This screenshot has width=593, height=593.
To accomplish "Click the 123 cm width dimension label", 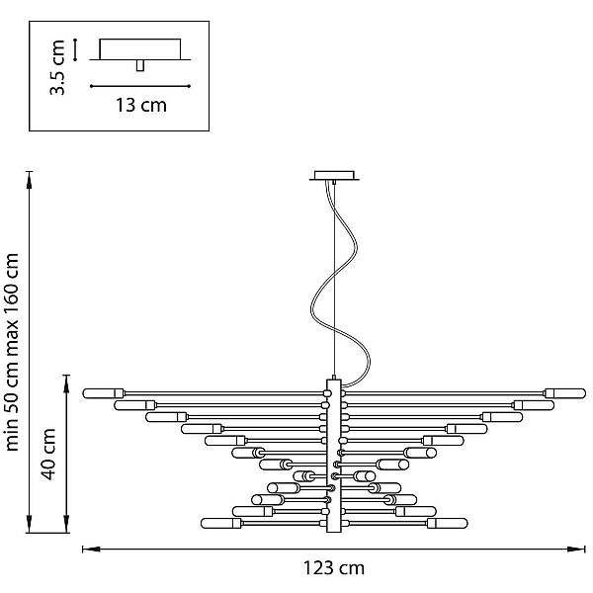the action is [x=334, y=568].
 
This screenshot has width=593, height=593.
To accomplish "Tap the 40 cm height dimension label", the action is [x=48, y=455].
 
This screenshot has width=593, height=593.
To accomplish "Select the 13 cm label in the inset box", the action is [x=141, y=105].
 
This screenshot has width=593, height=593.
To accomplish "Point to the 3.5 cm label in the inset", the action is [x=57, y=67].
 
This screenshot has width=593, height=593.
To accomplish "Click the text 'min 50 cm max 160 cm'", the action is [x=12, y=352].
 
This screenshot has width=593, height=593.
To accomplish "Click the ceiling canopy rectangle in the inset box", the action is [x=140, y=49].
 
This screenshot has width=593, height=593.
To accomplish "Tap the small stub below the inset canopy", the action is [x=140, y=65].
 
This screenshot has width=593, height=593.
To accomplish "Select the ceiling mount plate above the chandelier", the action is [x=334, y=176].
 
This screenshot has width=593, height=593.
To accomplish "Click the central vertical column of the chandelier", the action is [x=334, y=456].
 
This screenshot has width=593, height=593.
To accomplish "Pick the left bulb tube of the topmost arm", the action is [x=103, y=393].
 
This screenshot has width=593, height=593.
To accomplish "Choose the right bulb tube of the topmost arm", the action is [x=565, y=393].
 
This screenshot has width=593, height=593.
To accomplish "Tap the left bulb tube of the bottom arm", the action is [x=221, y=524].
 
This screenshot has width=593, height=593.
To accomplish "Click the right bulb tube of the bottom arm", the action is [x=448, y=524].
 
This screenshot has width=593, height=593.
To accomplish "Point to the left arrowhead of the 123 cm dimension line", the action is [x=91, y=549].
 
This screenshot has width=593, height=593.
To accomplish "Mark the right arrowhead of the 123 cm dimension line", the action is [x=576, y=549].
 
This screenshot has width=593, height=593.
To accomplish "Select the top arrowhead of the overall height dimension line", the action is [x=29, y=180].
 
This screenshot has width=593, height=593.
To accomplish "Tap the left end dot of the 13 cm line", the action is [x=91, y=86].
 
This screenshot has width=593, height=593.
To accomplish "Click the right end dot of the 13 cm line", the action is [x=189, y=86].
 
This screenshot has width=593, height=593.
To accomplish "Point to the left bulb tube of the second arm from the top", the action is [x=134, y=405].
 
